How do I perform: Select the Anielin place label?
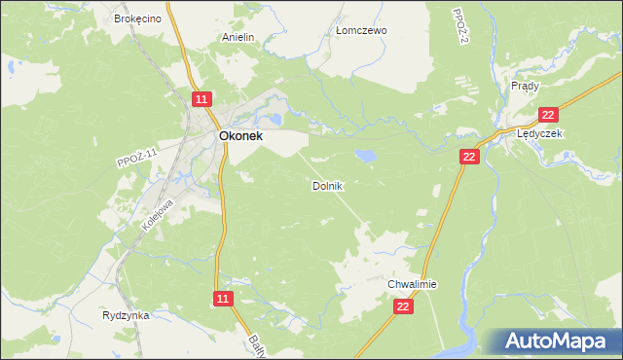[x=238, y=38]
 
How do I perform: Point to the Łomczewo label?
[x=361, y=30]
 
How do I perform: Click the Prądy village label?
[x=525, y=86]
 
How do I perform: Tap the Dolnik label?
[x=327, y=185]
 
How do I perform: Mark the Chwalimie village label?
[x=413, y=284]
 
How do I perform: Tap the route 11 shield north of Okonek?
[x=201, y=99]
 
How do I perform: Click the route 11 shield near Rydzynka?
[x=224, y=299]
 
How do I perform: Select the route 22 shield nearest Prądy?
[x=547, y=114]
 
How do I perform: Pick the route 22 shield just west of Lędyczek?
[x=469, y=156]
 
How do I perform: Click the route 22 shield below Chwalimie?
[x=404, y=306]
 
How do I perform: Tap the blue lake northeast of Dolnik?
[x=366, y=155]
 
